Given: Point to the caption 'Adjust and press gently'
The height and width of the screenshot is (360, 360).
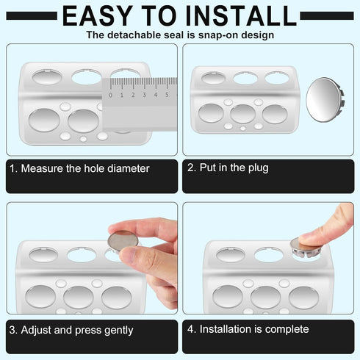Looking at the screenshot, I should point(76,330).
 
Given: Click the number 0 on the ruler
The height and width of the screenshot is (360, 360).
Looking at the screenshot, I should point(110,94).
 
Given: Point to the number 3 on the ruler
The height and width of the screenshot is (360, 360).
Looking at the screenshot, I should point(144,94).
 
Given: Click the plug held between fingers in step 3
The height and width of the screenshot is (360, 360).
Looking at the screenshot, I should point(123,242).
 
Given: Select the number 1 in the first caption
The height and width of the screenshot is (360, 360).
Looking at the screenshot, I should point(12,168).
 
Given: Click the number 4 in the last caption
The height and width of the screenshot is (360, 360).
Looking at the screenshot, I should point(190,329).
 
